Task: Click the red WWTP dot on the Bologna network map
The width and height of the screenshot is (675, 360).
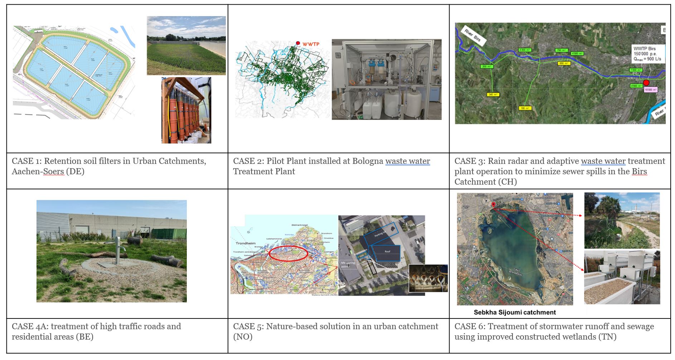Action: point(298,43)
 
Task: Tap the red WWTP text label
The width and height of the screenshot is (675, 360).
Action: point(311,44)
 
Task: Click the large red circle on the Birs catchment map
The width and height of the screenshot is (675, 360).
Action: point(646,83)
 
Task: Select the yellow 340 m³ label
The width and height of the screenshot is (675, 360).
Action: point(493,94)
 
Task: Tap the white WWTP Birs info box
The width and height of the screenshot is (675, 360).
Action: point(648,54)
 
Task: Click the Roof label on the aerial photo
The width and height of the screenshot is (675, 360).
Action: point(387,252)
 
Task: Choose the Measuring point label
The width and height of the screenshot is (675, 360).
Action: point(348,264)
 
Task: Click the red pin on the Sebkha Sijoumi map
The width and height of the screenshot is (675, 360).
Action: point(493,204)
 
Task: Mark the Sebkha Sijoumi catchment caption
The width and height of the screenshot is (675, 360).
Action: point(515,312)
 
